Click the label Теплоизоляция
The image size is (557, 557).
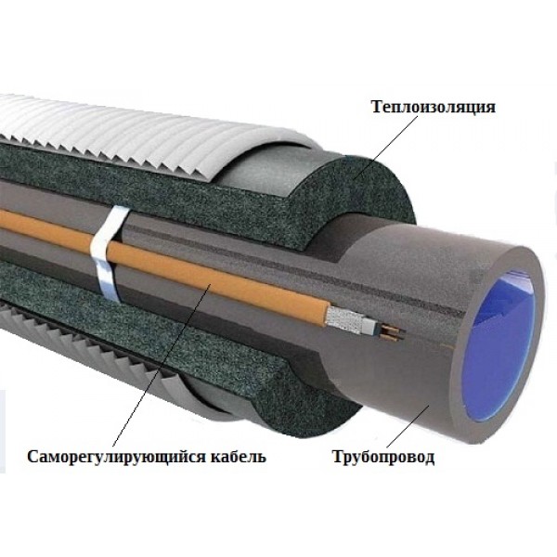point(434,107)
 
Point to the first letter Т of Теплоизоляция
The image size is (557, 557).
point(377,106)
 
